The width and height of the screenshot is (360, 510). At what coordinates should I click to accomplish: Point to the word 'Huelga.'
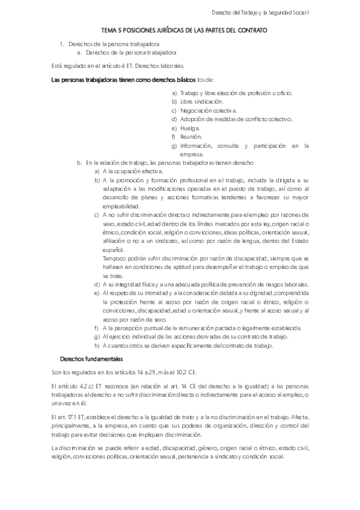(x=190, y=128)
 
